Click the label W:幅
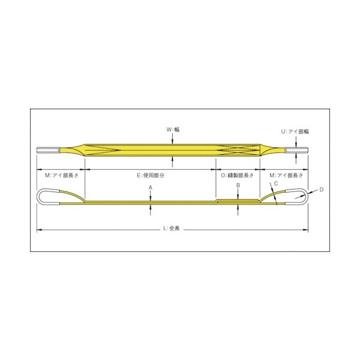coord(173,130)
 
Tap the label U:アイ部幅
coord(295,131)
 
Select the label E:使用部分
coord(151,175)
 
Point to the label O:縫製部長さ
coord(237,175)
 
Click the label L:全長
coord(171,229)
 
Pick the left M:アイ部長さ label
coord(62,175)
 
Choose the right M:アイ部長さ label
coord(286,175)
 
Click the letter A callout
coord(151,188)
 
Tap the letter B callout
coord(238,185)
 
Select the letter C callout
coord(276,184)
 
